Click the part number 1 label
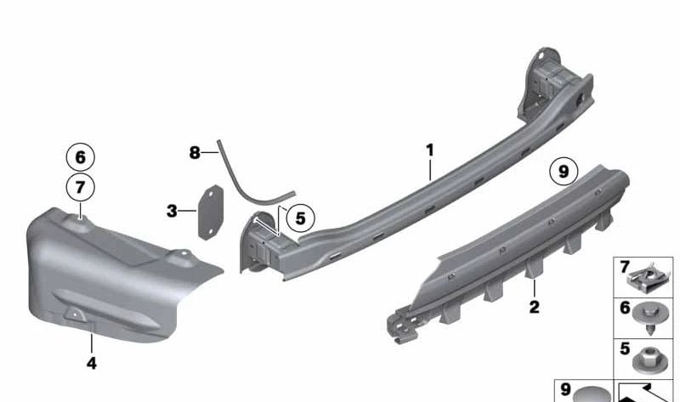[x=430, y=150]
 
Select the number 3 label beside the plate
[x=172, y=210]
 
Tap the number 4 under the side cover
[x=91, y=363]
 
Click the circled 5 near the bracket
[x=299, y=218]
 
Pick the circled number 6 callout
[x=80, y=157]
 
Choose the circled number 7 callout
[x=80, y=186]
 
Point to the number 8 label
[x=195, y=153]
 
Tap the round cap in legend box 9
[x=591, y=394]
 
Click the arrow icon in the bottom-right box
[x=646, y=391]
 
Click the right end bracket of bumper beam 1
[x=552, y=85]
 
